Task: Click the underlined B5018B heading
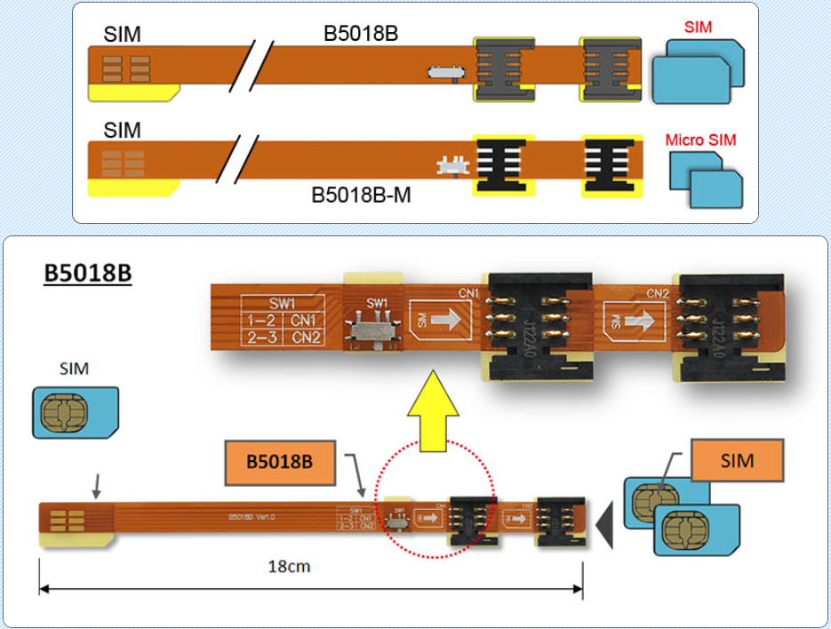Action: point(88,273)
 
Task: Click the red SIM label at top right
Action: point(698,28)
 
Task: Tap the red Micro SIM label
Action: point(700,140)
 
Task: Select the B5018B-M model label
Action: point(361,195)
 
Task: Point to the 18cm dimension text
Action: point(289,566)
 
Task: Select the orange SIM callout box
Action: point(738,460)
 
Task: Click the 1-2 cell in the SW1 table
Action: point(260,319)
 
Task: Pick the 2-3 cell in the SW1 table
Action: point(260,337)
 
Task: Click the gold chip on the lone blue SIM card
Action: point(60,411)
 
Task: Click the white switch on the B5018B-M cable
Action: point(452,165)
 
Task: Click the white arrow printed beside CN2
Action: point(633,317)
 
